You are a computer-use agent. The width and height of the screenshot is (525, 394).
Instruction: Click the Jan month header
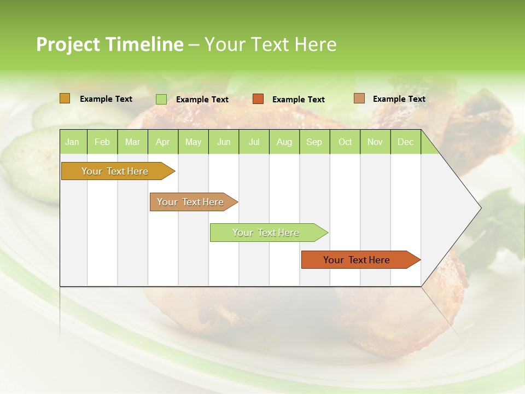[x=72, y=142]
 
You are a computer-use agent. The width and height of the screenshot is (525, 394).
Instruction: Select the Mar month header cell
[x=132, y=142]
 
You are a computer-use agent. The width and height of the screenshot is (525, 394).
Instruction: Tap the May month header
[x=193, y=142]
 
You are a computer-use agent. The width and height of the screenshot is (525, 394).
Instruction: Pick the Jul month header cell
[x=254, y=142]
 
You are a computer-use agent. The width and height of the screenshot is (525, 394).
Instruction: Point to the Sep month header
[x=314, y=142]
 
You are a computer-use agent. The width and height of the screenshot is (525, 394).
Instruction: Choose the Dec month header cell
[x=405, y=142]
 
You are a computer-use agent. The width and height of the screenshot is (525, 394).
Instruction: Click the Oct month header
[x=345, y=142]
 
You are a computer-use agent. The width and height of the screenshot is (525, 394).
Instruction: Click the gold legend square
[x=65, y=99]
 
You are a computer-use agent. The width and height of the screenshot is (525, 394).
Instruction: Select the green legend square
[x=161, y=99]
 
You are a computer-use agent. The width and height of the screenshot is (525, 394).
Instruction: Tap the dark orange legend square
[x=258, y=99]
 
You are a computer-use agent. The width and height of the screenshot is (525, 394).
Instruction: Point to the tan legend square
[x=359, y=99]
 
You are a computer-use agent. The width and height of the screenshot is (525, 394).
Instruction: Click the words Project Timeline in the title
[x=109, y=44]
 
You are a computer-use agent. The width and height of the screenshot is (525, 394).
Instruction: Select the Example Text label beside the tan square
[x=399, y=99]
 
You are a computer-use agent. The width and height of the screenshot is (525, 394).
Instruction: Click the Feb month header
[x=102, y=142]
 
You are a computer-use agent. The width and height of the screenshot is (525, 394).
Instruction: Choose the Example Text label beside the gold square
[x=106, y=99]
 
